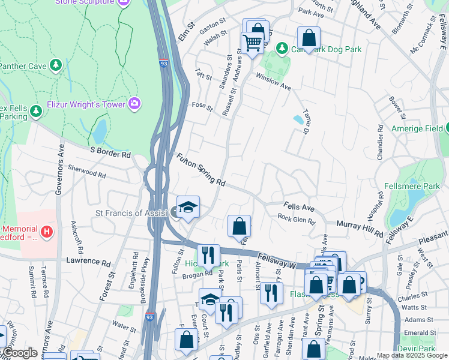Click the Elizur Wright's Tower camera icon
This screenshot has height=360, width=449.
pos(134,104)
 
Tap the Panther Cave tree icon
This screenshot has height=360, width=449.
pos(56,65)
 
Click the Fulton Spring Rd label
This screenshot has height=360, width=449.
pos(200,170)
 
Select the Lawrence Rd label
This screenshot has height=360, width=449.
pos(89,262)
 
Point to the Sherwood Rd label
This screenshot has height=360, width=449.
pos(86,172)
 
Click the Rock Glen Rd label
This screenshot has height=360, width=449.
pos(296,220)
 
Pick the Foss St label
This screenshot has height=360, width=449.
pos(202,107)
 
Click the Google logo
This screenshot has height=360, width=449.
pos(20,353)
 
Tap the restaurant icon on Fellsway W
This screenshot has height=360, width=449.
pos(208,256)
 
